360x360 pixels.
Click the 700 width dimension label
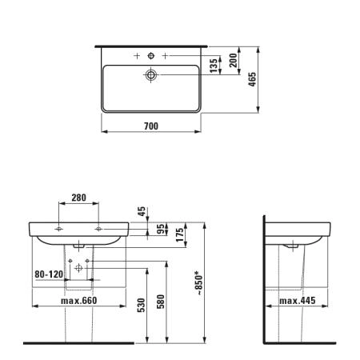click(151, 126)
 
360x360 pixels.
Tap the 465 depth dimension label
click(252, 79)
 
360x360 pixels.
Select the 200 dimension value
click(233, 60)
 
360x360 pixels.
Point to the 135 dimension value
click(214, 66)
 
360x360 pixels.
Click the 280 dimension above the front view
click(78, 198)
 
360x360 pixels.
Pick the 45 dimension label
click(142, 211)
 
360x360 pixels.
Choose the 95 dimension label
click(160, 229)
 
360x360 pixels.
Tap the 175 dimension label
click(180, 234)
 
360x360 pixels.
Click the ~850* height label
click(198, 283)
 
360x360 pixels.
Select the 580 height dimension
click(160, 302)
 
